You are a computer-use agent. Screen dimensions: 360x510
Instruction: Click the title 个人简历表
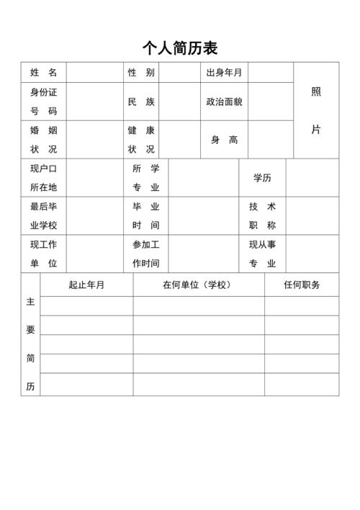180,48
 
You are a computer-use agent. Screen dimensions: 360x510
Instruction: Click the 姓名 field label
43,73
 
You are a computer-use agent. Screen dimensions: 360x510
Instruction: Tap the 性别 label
141,73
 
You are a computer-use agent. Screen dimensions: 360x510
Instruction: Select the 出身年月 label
224,73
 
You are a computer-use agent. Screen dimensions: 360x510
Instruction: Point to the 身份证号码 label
43,102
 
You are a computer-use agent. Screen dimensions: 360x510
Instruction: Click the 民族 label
141,102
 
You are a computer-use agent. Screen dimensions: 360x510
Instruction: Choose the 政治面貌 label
224,102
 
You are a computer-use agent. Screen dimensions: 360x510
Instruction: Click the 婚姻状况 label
43,140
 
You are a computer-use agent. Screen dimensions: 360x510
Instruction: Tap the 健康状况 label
141,140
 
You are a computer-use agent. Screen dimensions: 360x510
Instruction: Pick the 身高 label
224,140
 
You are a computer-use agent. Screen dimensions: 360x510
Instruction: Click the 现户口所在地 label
43,178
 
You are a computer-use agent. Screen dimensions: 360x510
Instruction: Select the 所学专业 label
146,178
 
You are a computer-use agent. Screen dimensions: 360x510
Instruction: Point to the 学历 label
262,178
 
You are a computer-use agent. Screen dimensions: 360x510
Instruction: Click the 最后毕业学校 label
43,216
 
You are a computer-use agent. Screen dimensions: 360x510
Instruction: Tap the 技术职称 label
262,216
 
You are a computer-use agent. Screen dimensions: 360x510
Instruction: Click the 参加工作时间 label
146,254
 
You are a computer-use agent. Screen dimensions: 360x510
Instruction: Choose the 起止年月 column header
86,285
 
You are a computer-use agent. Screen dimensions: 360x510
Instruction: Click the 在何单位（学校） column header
198,285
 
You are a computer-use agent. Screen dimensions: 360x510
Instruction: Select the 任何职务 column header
301,285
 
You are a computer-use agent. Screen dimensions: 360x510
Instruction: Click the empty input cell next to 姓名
95,73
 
